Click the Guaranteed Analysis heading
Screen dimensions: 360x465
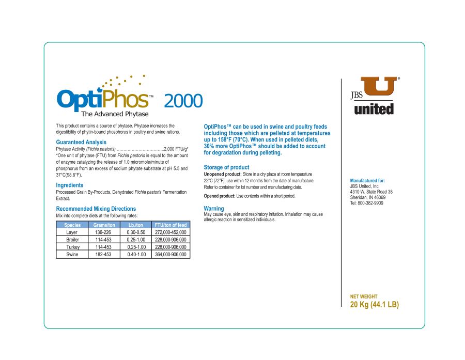(x=81, y=142)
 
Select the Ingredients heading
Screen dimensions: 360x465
(x=70, y=185)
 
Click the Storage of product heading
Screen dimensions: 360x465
(x=226, y=167)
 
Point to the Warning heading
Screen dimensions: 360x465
(x=214, y=209)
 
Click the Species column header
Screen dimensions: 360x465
(x=72, y=225)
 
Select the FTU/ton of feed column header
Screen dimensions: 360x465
(x=171, y=225)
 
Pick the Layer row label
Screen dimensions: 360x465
(x=72, y=232)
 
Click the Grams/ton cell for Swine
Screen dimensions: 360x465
(x=103, y=255)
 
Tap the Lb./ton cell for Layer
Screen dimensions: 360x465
(x=136, y=232)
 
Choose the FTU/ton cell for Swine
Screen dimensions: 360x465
(x=171, y=255)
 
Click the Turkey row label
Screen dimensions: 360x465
(x=72, y=247)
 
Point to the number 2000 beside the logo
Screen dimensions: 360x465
(x=183, y=101)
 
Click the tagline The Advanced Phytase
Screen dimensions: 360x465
(x=115, y=114)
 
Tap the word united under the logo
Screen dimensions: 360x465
(x=374, y=109)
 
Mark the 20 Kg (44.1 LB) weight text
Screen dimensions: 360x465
(x=375, y=305)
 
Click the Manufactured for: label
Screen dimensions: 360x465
(x=367, y=181)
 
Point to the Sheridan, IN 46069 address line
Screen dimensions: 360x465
(x=368, y=197)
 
